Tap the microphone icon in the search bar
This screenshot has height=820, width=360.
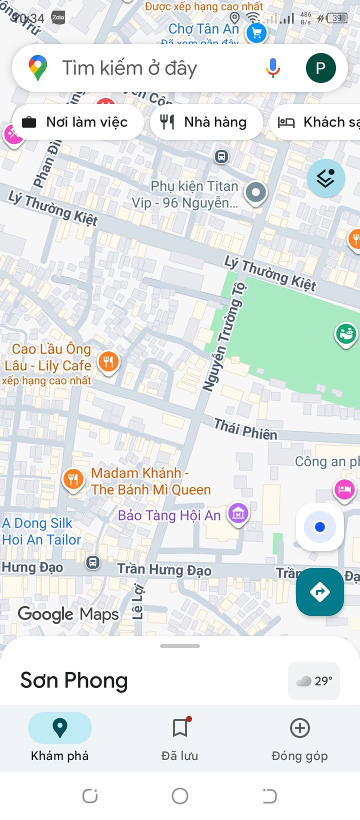[x=273, y=68]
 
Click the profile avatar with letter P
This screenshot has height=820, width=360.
[x=320, y=68]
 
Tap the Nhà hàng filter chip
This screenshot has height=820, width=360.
[x=206, y=122]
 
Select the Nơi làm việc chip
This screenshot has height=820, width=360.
[x=77, y=122]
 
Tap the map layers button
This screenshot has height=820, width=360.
[x=325, y=178]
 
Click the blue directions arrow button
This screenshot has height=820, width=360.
[x=320, y=592]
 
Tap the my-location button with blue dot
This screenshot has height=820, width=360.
[x=320, y=527]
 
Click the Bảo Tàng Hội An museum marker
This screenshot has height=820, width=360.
[x=238, y=513]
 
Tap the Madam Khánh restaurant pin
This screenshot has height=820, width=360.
[x=73, y=479]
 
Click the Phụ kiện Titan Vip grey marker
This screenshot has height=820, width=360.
[x=256, y=192]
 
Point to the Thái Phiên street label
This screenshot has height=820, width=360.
[x=245, y=429]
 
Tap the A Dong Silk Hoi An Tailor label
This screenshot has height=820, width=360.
[x=41, y=531]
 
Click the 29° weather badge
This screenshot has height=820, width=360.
[x=314, y=681]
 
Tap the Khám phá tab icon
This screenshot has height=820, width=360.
[x=60, y=728]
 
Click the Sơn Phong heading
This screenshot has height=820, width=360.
[x=74, y=680]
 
